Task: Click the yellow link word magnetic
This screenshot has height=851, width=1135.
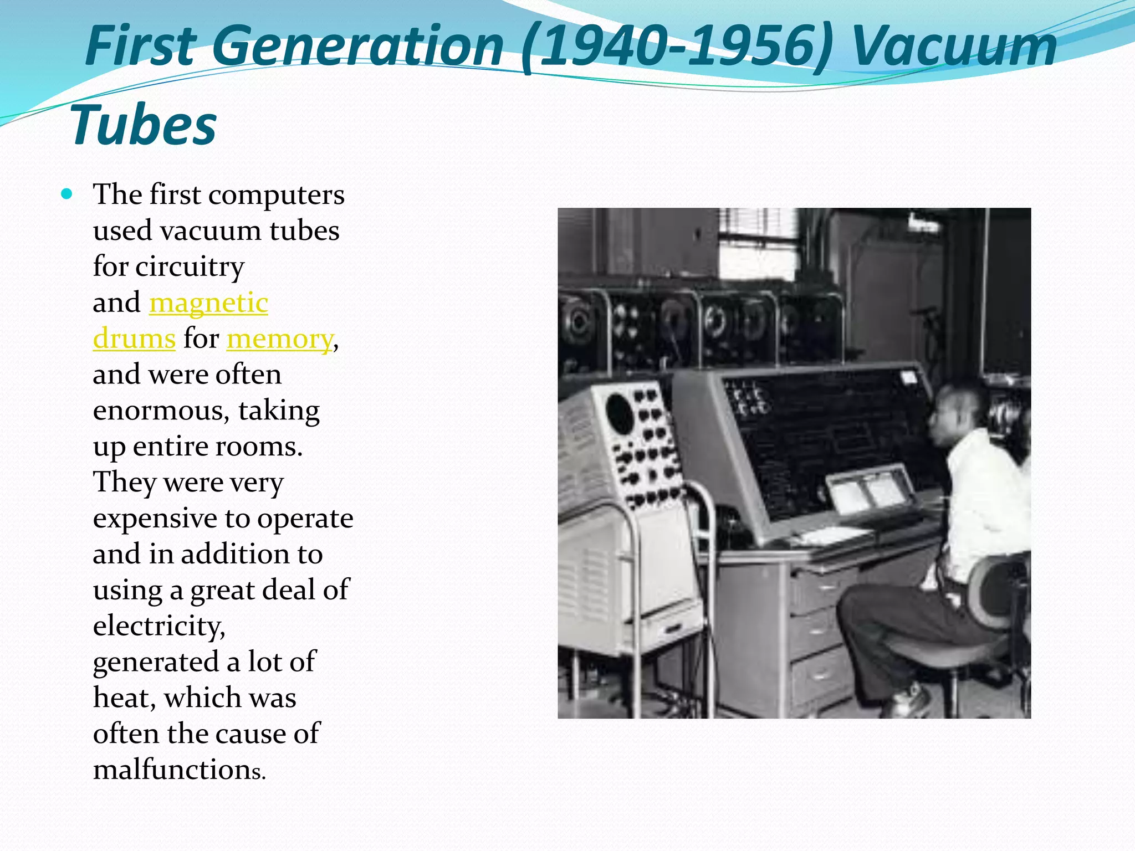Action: [208, 303]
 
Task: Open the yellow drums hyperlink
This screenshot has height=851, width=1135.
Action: [134, 339]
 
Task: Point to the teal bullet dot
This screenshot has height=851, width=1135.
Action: [67, 194]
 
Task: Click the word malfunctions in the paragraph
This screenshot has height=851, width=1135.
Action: [179, 770]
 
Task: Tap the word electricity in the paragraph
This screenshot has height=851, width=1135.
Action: [159, 627]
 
